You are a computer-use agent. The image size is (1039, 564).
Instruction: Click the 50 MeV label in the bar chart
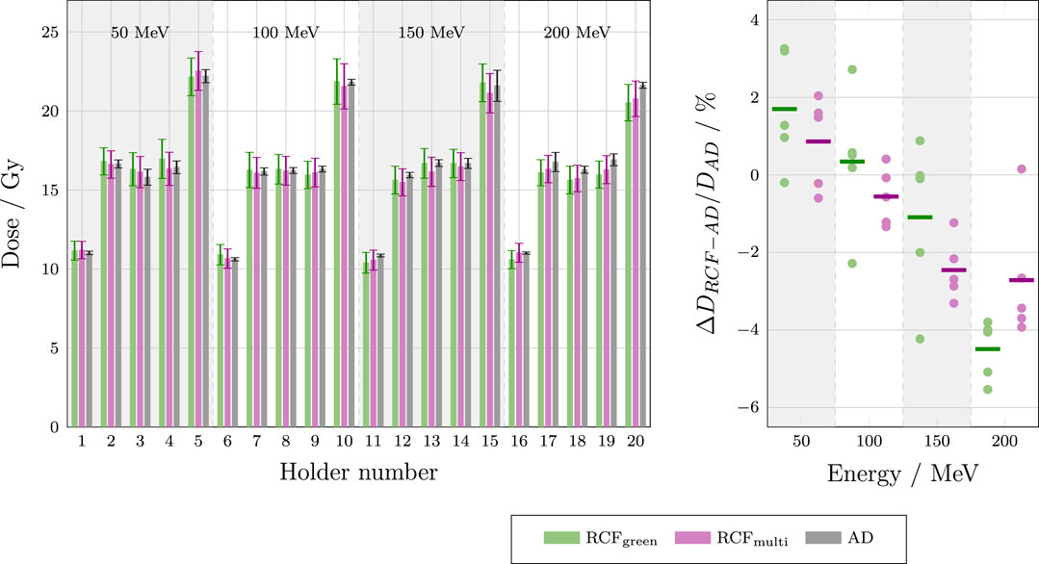tap(139, 32)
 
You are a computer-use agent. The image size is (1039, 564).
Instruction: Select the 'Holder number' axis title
tap(358, 473)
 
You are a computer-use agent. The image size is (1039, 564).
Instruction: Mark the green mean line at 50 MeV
tap(784, 109)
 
